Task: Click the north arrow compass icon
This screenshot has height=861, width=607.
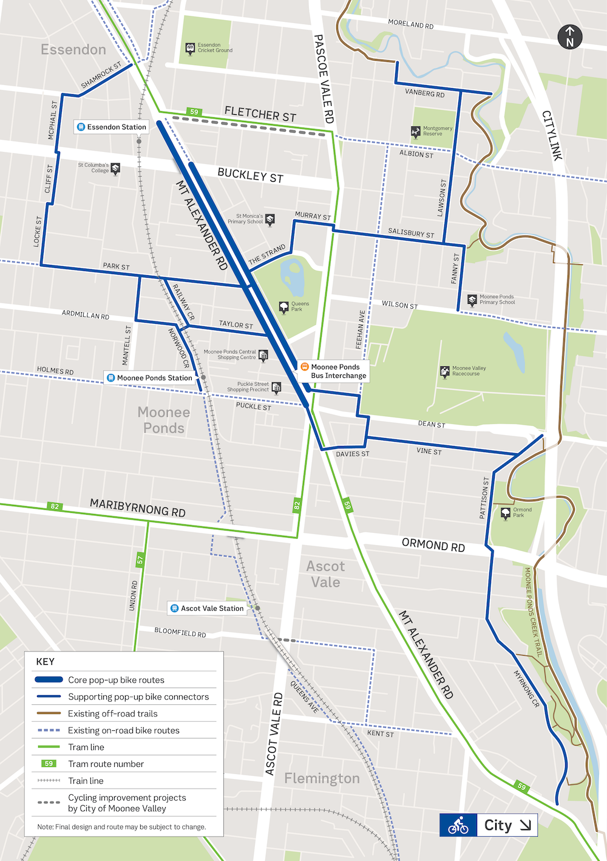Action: pyautogui.click(x=569, y=37)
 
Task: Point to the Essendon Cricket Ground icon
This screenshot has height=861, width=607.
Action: pyautogui.click(x=190, y=48)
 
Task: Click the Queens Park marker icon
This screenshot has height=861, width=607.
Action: pyautogui.click(x=283, y=307)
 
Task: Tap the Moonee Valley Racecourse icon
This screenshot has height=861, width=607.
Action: pyautogui.click(x=445, y=371)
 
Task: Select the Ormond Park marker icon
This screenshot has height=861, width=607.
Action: pyautogui.click(x=506, y=513)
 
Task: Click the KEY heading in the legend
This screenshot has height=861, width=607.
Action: pyautogui.click(x=46, y=662)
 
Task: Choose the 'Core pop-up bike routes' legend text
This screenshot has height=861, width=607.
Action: pyautogui.click(x=116, y=680)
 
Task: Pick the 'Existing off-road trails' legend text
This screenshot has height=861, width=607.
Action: pyautogui.click(x=112, y=713)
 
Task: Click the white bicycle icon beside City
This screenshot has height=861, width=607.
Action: pyautogui.click(x=458, y=825)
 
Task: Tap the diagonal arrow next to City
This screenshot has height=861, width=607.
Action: pyautogui.click(x=526, y=825)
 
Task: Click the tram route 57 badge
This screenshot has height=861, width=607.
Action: pyautogui.click(x=140, y=560)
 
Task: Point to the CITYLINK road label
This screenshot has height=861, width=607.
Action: pyautogui.click(x=552, y=135)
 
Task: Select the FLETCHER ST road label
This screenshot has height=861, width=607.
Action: pyautogui.click(x=260, y=114)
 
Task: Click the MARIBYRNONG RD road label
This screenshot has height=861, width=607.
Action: pyautogui.click(x=138, y=507)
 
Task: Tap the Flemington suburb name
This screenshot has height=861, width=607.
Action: pyautogui.click(x=322, y=778)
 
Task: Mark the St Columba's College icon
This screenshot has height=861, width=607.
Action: pyautogui.click(x=115, y=168)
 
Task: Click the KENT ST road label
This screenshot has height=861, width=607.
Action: pyautogui.click(x=381, y=733)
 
